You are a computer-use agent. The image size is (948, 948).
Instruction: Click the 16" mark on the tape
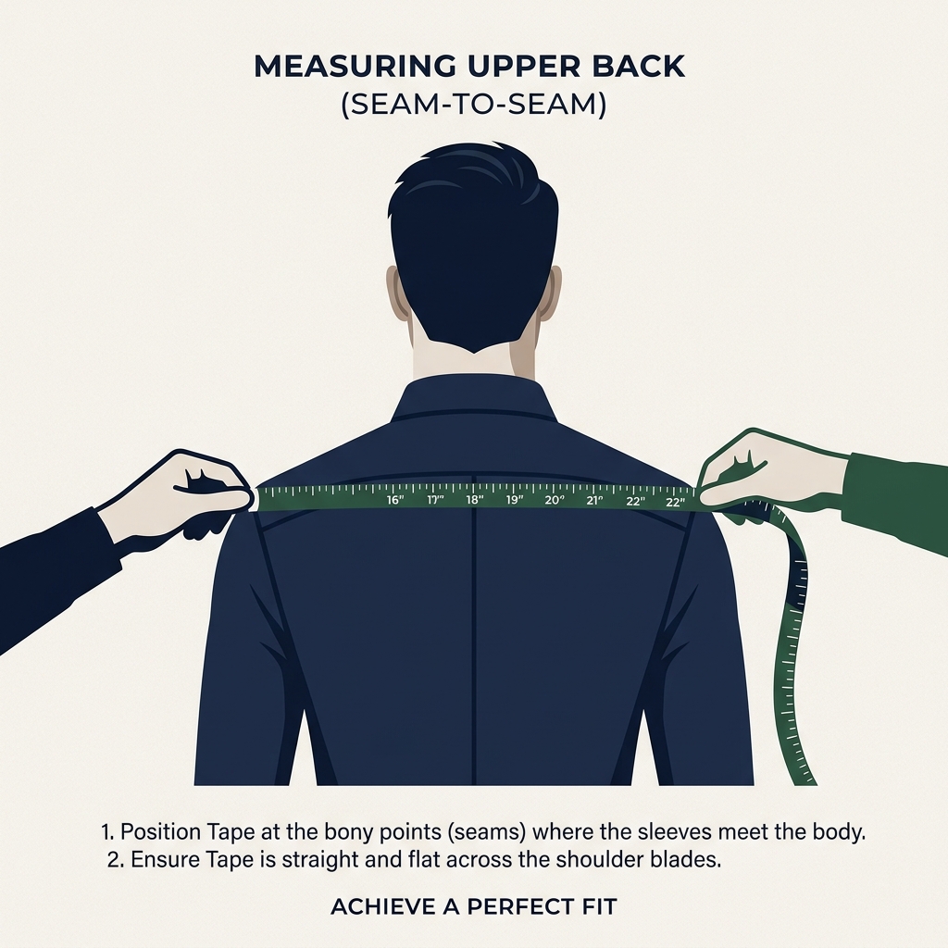tap(395, 500)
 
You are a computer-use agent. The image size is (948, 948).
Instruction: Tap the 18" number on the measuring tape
tap(475, 500)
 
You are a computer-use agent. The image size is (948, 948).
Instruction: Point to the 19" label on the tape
tap(515, 500)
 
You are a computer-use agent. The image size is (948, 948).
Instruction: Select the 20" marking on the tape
tap(555, 501)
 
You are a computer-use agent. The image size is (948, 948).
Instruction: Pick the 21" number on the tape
tap(594, 501)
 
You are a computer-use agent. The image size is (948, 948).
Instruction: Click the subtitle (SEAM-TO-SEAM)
tap(473, 106)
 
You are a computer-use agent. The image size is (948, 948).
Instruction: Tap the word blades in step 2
tap(686, 859)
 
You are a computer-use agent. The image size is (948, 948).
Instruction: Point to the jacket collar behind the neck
tap(474, 398)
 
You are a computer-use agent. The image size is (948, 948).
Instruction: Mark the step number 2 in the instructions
tap(114, 859)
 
